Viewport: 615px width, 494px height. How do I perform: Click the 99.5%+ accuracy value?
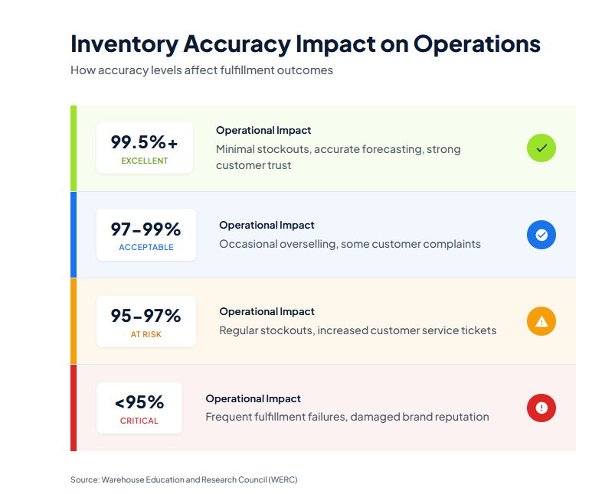pos(144,142)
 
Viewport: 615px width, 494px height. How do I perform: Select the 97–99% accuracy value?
pos(146,229)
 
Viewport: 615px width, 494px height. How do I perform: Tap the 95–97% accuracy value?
pos(146,316)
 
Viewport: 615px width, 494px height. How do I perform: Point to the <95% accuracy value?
pos(139,402)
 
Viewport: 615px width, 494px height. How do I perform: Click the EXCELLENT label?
pos(144,161)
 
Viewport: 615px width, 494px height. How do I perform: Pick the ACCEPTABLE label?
pos(146,248)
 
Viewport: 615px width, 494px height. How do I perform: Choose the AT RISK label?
pos(146,335)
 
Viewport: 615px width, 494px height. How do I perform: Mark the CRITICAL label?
pos(139,421)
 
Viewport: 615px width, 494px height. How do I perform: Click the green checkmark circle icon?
pos(541,148)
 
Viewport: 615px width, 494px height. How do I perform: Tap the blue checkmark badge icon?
pos(541,235)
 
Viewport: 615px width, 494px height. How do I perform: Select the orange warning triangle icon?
pos(541,321)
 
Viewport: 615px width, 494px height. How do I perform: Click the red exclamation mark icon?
pos(541,408)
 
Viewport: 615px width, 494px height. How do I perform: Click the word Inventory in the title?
pos(123,44)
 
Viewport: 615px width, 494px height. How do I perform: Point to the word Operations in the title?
pos(476,44)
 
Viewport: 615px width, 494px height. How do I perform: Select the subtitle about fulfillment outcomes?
pos(201,70)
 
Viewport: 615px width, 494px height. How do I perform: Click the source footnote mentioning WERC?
pos(183,479)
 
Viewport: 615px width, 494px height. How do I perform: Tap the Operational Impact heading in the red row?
pos(253,398)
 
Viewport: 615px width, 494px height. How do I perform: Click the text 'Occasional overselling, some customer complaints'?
pos(350,244)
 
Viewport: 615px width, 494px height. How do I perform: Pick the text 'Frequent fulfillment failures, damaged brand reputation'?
pos(347,417)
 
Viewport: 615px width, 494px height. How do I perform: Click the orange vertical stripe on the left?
pos(74,321)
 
